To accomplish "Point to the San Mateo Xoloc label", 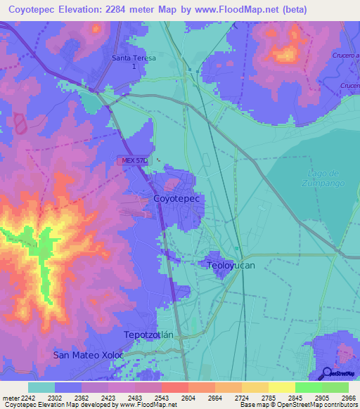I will (89, 356).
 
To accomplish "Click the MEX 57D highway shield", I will (133, 161).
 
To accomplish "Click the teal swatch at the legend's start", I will (41, 387).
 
